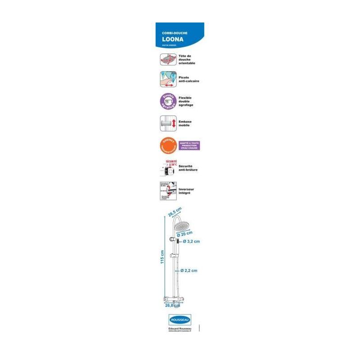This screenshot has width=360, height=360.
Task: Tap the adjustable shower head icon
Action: [x=167, y=59]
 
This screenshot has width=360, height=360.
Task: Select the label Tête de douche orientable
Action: [x=187, y=59]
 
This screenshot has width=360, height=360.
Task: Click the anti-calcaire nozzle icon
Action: [x=167, y=79]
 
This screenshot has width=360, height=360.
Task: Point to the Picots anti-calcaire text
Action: [x=189, y=79]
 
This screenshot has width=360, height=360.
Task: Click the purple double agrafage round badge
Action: [x=167, y=102]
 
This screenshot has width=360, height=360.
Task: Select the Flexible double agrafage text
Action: [x=186, y=102]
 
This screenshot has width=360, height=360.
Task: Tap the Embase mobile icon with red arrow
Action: [x=167, y=123]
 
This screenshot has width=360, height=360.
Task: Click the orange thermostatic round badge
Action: [x=167, y=145]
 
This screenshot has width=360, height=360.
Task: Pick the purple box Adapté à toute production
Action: [x=189, y=145]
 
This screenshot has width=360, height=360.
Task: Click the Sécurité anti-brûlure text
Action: [x=188, y=168]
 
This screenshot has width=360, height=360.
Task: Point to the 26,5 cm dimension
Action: [x=175, y=212]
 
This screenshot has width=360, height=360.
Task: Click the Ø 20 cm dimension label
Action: [x=184, y=233]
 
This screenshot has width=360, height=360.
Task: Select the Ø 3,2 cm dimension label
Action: [x=191, y=242]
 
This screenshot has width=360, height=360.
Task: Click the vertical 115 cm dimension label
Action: [x=162, y=257]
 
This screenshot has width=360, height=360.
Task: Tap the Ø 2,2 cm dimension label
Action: [x=189, y=270]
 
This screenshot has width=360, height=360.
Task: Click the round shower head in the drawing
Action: [x=184, y=225]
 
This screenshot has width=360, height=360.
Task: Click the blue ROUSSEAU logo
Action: [x=180, y=319]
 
